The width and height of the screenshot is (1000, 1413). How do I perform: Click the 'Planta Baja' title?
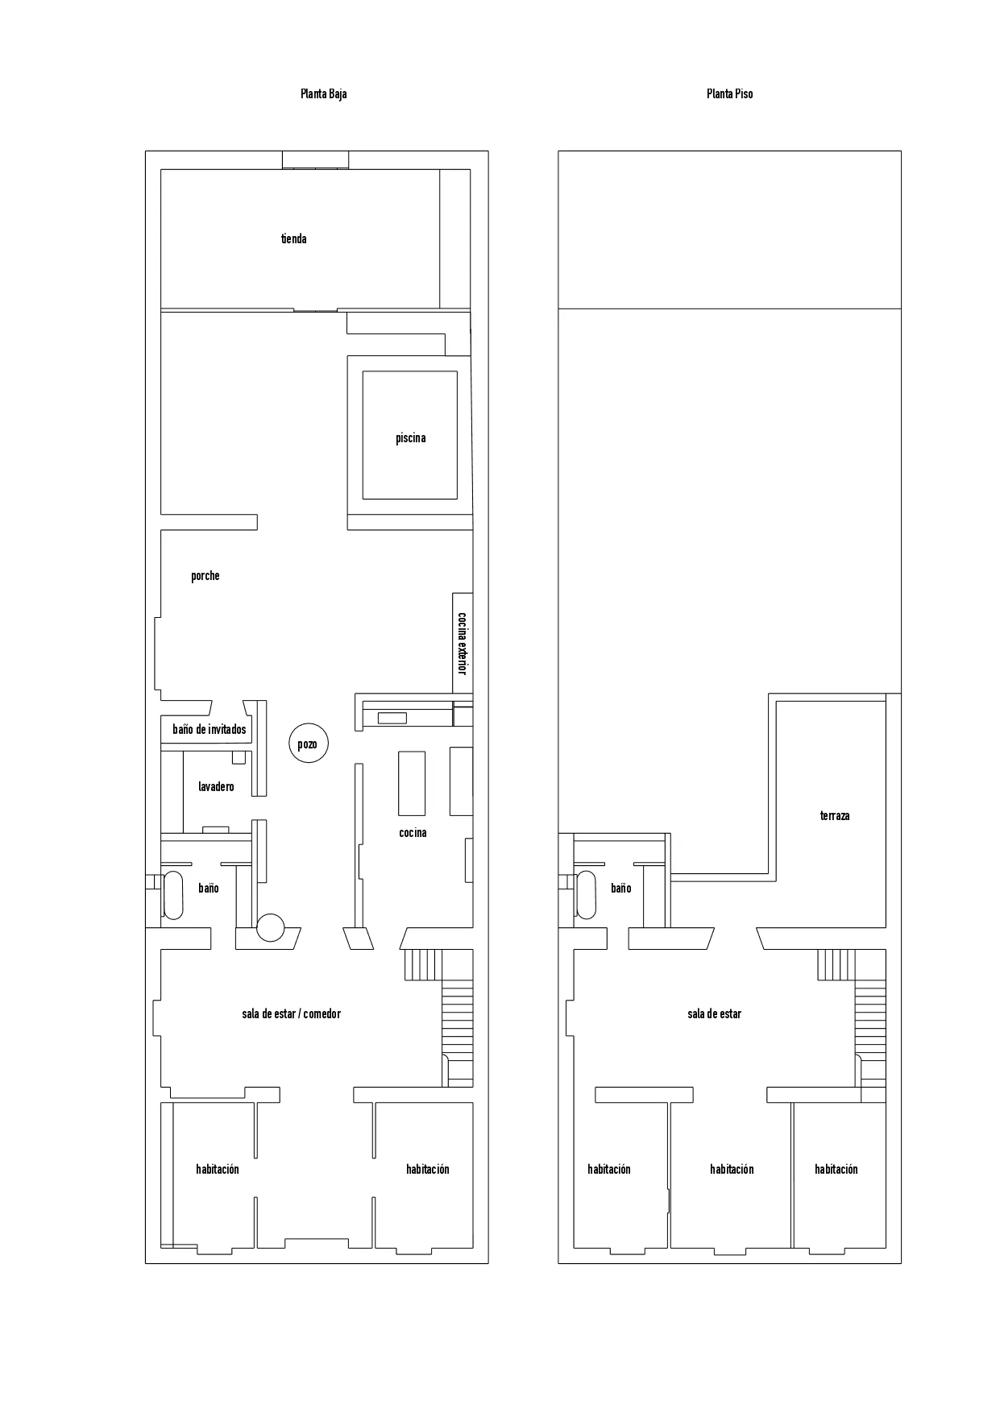click(x=323, y=94)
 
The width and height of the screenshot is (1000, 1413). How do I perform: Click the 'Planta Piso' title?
click(x=729, y=94)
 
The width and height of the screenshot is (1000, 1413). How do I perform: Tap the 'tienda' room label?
click(x=293, y=239)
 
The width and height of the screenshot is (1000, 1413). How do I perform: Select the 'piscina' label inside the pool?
click(x=410, y=438)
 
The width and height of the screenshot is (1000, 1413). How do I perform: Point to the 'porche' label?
click(x=205, y=576)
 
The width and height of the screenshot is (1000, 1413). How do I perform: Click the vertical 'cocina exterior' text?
click(x=462, y=644)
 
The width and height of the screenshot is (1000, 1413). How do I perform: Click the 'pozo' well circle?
click(x=308, y=744)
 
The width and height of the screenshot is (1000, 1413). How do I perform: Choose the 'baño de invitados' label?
click(x=209, y=730)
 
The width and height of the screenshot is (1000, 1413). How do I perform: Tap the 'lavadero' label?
click(x=216, y=786)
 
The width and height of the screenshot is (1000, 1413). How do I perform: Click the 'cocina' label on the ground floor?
click(x=413, y=833)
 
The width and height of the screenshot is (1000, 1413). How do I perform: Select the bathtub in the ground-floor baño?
click(x=173, y=895)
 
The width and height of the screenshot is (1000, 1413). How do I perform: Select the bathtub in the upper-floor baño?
click(x=586, y=895)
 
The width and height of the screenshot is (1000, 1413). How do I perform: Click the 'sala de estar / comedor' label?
click(x=291, y=1014)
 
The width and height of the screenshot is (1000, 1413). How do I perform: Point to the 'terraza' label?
click(x=834, y=816)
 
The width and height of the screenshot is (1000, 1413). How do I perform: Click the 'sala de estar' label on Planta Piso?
click(x=714, y=1014)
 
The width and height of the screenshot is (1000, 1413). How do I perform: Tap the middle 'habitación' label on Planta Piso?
click(x=732, y=1170)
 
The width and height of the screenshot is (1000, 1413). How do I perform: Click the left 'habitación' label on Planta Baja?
click(x=217, y=1170)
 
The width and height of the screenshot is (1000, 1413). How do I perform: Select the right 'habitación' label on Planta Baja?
click(x=427, y=1170)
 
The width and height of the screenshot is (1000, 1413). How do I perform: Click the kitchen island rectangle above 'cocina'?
click(x=412, y=783)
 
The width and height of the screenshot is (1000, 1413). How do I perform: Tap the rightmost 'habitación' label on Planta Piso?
click(x=836, y=1170)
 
